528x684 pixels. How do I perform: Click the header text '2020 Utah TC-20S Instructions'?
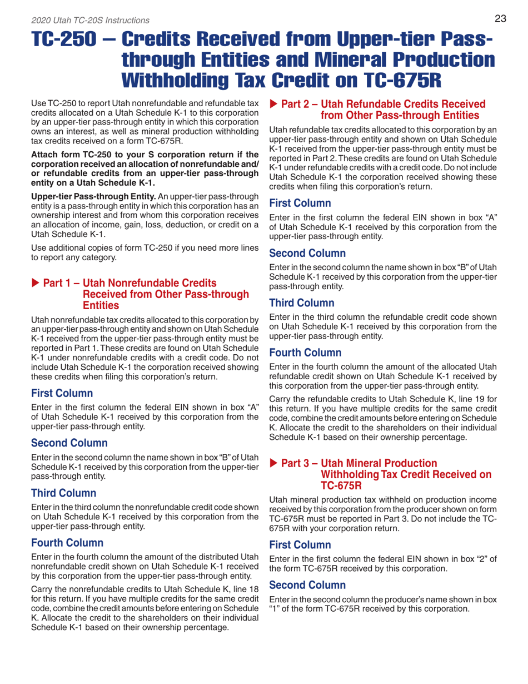click(x=91, y=21)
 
